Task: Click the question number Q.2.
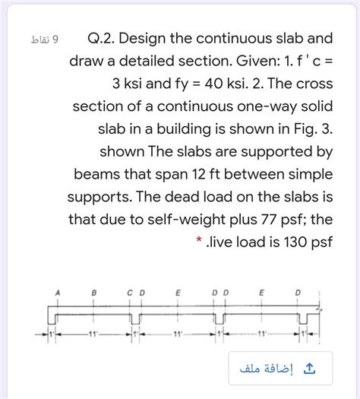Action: coord(102,37)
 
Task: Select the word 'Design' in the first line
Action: coord(149,37)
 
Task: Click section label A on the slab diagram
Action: coord(57,291)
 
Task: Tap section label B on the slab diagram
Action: coord(94,291)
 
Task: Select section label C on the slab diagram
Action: coord(130,291)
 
